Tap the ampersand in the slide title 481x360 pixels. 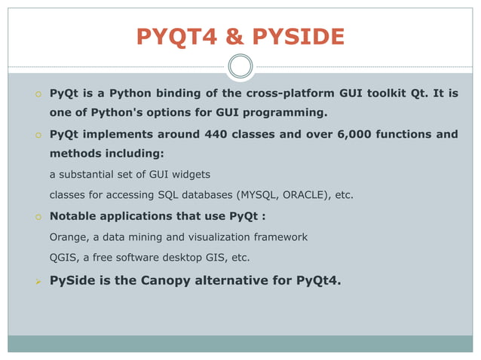pos(225,36)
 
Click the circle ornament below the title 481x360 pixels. pos(240,66)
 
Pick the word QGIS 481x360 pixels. pos(63,258)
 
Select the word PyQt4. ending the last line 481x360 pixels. pos(318,281)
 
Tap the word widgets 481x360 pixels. pos(189,175)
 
